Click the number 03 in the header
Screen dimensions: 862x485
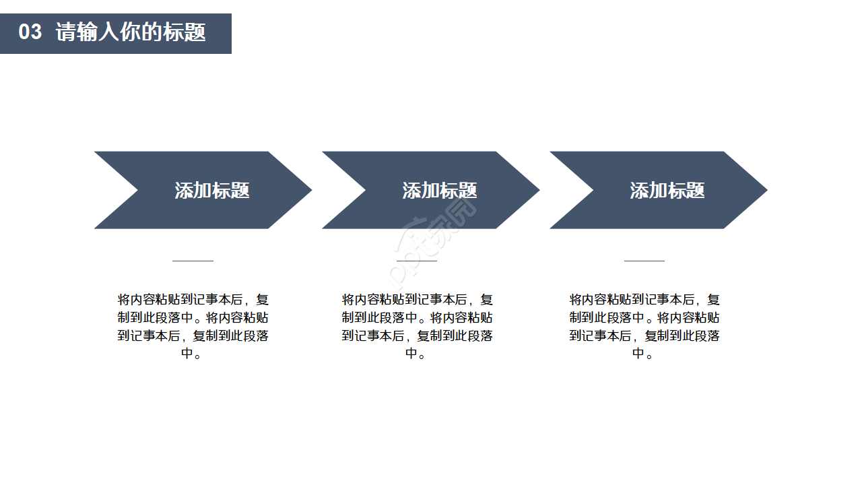(30, 32)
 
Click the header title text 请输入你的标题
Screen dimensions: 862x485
(131, 32)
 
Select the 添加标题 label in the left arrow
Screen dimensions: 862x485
(212, 191)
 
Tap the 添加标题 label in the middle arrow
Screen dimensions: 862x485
(440, 191)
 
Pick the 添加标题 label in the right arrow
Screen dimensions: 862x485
(667, 191)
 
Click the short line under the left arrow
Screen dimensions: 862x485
(193, 260)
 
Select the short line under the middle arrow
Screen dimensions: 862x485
(417, 260)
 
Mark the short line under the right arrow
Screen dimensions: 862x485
(644, 260)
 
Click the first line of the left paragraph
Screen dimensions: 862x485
(193, 300)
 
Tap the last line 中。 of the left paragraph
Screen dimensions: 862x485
(193, 354)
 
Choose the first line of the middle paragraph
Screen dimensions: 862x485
(417, 300)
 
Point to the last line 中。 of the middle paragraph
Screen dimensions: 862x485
(417, 354)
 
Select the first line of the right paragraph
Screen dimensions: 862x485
(644, 300)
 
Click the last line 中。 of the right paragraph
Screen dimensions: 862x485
(644, 354)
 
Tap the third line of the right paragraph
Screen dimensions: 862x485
(644, 335)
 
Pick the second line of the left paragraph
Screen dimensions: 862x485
(193, 318)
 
